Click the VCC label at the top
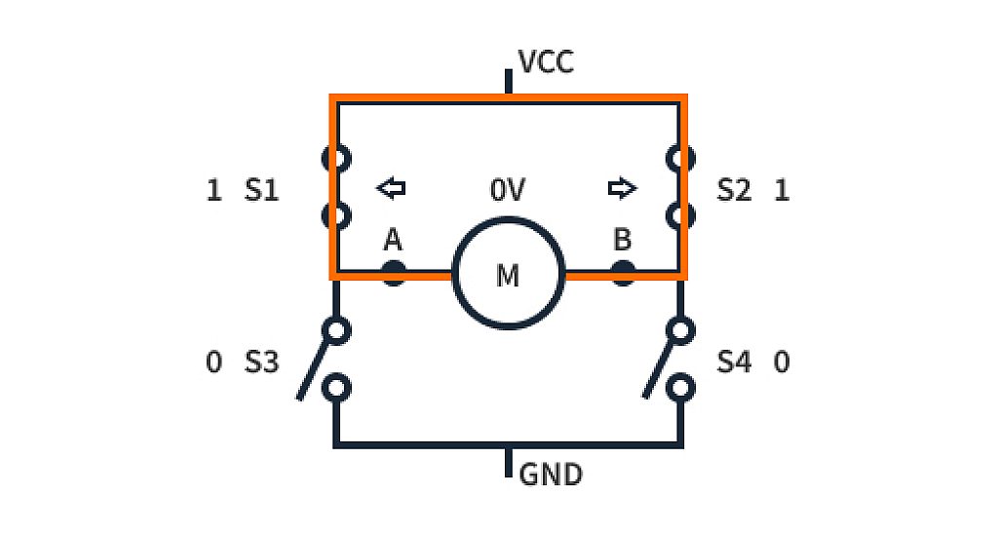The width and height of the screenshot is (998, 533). pos(546,63)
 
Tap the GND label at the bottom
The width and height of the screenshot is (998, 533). pos(551,475)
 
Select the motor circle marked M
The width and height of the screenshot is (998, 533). pos(508,275)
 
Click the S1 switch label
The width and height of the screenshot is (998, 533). pos(261,190)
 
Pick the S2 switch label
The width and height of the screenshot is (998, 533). pos(734,190)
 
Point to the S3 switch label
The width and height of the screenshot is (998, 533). pos(261,362)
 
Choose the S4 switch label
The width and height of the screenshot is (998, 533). pos(734,362)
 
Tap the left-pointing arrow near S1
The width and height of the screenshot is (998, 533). pos(391,188)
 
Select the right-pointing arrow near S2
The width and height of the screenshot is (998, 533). pos(622,188)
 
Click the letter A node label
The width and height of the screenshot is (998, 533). pos(393,240)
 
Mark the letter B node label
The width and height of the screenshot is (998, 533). pos(623,240)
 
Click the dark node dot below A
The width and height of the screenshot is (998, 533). pos(393,274)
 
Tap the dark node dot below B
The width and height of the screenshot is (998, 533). pos(623,274)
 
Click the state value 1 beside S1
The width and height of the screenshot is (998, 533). pos(214,190)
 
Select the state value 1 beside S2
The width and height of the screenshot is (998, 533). pos(781,190)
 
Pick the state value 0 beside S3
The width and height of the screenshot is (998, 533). pos(214,362)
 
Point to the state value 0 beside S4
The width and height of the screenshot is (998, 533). pos(781,362)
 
